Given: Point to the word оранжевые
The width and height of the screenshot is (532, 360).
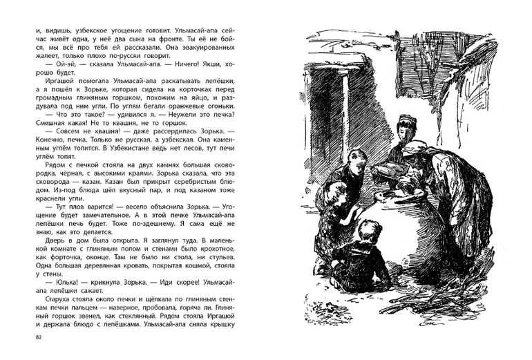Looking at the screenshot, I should click(x=181, y=108).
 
